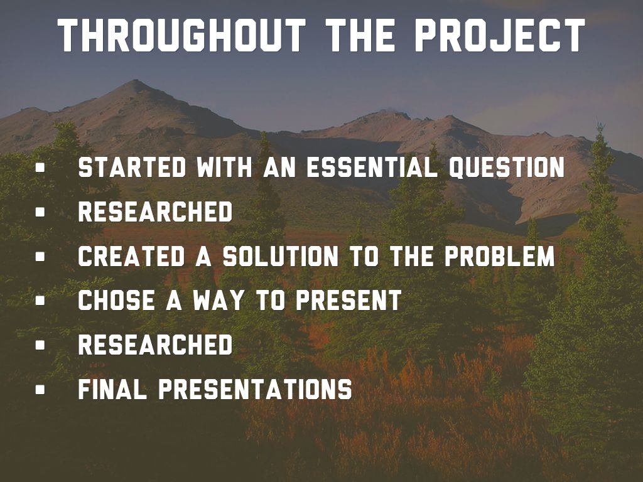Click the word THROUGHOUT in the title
[x=181, y=35]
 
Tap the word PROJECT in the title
[x=500, y=35]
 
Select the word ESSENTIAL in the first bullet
[x=372, y=167]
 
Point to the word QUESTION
[x=507, y=167]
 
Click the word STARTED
[x=132, y=167]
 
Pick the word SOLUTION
[x=281, y=256]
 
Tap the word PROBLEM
[x=499, y=256]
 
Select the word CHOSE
[x=116, y=300]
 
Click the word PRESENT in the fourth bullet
[x=349, y=300]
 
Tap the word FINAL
[x=112, y=388]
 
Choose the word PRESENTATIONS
[x=255, y=388]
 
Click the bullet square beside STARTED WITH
[x=40, y=167]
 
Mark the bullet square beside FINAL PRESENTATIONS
[x=40, y=388]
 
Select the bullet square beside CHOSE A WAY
[x=40, y=300]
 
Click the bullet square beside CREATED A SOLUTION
[x=40, y=256]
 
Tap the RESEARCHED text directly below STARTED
[x=155, y=212]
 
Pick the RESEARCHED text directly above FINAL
[x=155, y=345]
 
